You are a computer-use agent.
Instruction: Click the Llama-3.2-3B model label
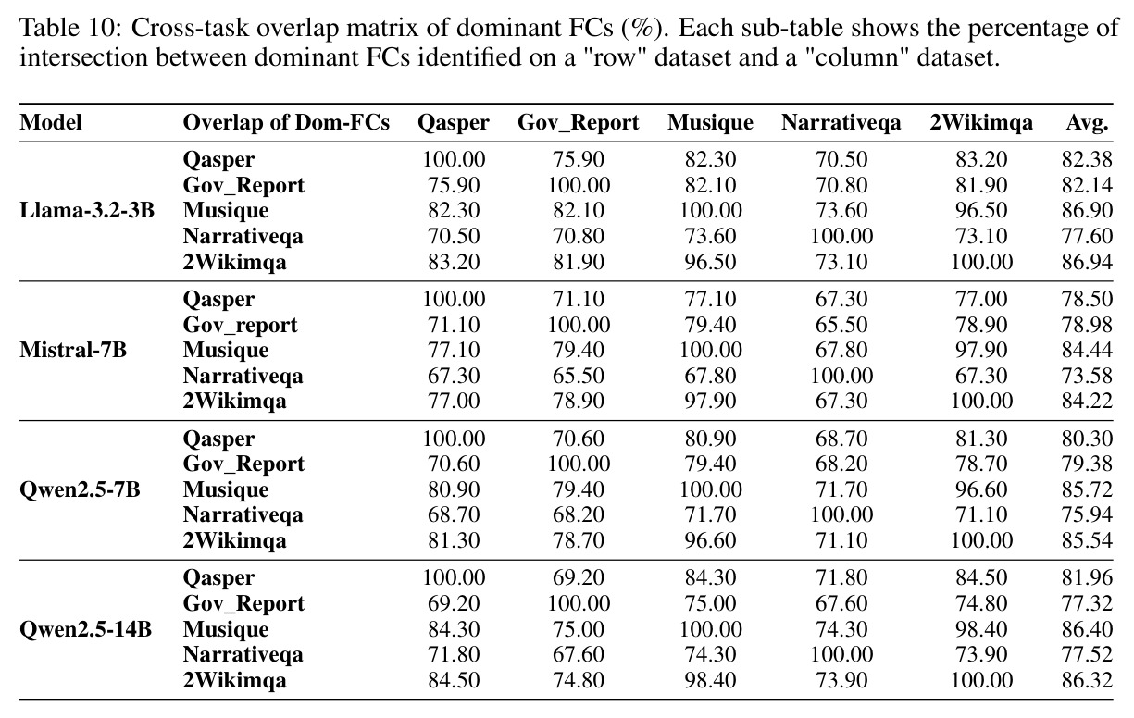[x=87, y=210]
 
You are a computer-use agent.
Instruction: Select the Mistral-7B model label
[x=73, y=350]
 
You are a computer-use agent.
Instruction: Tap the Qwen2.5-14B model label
[x=85, y=629]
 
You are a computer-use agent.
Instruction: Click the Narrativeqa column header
[x=841, y=123]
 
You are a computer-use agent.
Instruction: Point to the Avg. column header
[x=1087, y=123]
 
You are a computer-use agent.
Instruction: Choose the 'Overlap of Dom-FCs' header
[x=286, y=123]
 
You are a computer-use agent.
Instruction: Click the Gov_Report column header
[x=579, y=123]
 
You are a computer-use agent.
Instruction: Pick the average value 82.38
[x=1087, y=159]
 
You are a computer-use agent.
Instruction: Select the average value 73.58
[x=1087, y=376]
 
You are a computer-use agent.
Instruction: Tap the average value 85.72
[x=1087, y=489]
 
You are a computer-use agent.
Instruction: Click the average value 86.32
[x=1087, y=681]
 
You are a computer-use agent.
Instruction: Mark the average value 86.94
[x=1087, y=262]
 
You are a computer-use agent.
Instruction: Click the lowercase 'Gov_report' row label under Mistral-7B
[x=240, y=326]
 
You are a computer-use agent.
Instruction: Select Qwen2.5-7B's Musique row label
[x=226, y=490]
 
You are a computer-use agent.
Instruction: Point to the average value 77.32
[x=1087, y=603]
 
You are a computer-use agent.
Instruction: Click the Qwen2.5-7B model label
[x=80, y=489]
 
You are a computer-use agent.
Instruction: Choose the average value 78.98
[x=1087, y=325]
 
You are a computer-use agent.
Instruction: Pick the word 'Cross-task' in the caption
[x=190, y=29]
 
